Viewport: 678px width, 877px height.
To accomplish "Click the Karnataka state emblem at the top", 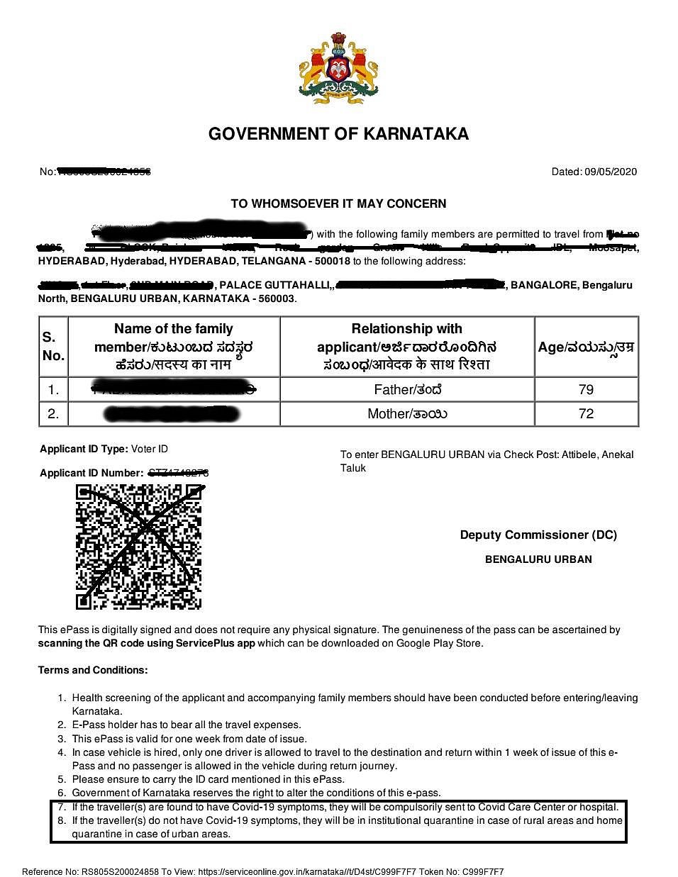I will coord(338,69).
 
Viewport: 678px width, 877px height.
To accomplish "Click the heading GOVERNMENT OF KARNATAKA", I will coord(338,134).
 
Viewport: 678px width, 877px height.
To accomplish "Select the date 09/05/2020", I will coord(611,172).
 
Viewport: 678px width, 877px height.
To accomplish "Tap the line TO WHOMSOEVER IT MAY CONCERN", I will coord(338,203).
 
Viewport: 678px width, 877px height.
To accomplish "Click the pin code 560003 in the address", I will coord(278,298).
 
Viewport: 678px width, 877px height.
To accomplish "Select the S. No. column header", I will coord(53,346).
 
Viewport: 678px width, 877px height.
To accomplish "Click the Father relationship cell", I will coord(407,389).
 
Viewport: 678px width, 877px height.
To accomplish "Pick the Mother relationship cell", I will coord(407,413).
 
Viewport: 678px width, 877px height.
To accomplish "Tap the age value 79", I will coord(586,389).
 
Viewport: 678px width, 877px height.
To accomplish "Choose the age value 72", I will coord(586,413).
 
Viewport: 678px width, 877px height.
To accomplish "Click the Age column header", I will coord(586,347).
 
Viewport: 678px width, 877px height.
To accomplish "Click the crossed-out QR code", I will coord(139,547).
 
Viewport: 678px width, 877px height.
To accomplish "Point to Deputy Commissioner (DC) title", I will coord(538,535).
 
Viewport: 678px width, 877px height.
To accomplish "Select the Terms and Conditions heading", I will coord(93,670).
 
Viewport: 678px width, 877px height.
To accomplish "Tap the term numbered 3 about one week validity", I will coord(189,738).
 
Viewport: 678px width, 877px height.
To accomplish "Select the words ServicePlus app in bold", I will coord(216,643).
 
